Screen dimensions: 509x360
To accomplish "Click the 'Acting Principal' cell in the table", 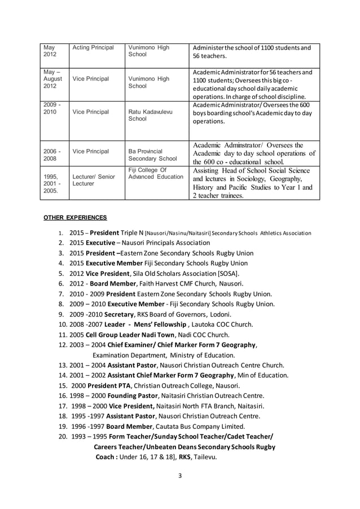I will coord(93,47).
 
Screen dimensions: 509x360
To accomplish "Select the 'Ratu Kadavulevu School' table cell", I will coord(149,115).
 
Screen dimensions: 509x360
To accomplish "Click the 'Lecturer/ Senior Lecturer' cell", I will coord(93,180).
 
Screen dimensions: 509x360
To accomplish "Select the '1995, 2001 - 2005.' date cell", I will coord(51,183).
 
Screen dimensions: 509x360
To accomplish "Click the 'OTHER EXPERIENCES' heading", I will coord(76,217).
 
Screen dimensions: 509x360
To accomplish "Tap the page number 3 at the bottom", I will coord(179,475).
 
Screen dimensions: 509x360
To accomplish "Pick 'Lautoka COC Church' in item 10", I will coord(223,324).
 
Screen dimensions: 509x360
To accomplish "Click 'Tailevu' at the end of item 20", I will coord(204,457).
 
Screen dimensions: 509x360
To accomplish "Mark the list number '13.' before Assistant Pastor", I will coord(64,365).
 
